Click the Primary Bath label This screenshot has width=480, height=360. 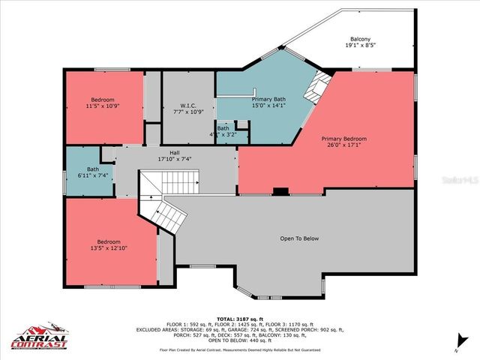coord(268,99)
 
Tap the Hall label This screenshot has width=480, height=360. coord(174,153)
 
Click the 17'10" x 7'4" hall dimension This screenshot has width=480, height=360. coord(174,160)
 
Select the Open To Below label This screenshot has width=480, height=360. coord(299,238)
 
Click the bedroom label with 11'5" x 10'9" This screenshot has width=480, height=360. coord(103,100)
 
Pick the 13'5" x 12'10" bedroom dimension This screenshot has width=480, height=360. coord(105,248)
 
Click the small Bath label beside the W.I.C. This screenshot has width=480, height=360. coord(223,128)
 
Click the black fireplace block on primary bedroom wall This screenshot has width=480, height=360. coord(280,191)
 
